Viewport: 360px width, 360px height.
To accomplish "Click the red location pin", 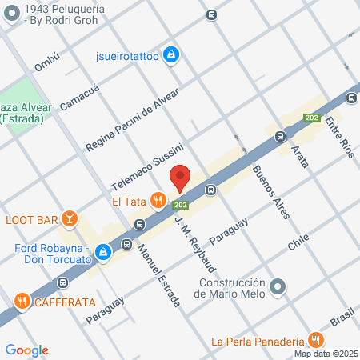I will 180,177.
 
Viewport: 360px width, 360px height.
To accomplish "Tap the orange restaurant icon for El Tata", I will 159,200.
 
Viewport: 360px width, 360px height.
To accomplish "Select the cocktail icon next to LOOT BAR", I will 70,218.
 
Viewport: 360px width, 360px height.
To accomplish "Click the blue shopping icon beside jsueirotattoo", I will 170,55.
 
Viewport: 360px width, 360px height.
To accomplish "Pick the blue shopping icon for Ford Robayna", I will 102,253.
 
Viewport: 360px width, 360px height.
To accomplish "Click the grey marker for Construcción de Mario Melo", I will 278,286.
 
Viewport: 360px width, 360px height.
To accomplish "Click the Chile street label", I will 298,244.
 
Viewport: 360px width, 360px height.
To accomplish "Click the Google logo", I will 27,350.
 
